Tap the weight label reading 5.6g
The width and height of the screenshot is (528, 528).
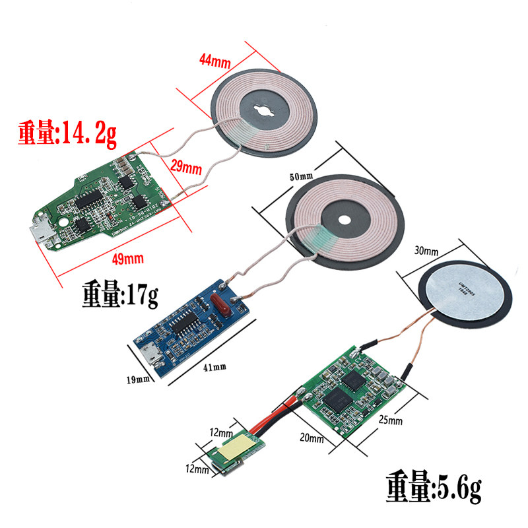point(434,490)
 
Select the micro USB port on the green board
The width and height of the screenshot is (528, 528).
point(42,233)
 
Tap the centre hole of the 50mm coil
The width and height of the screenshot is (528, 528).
point(345,222)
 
